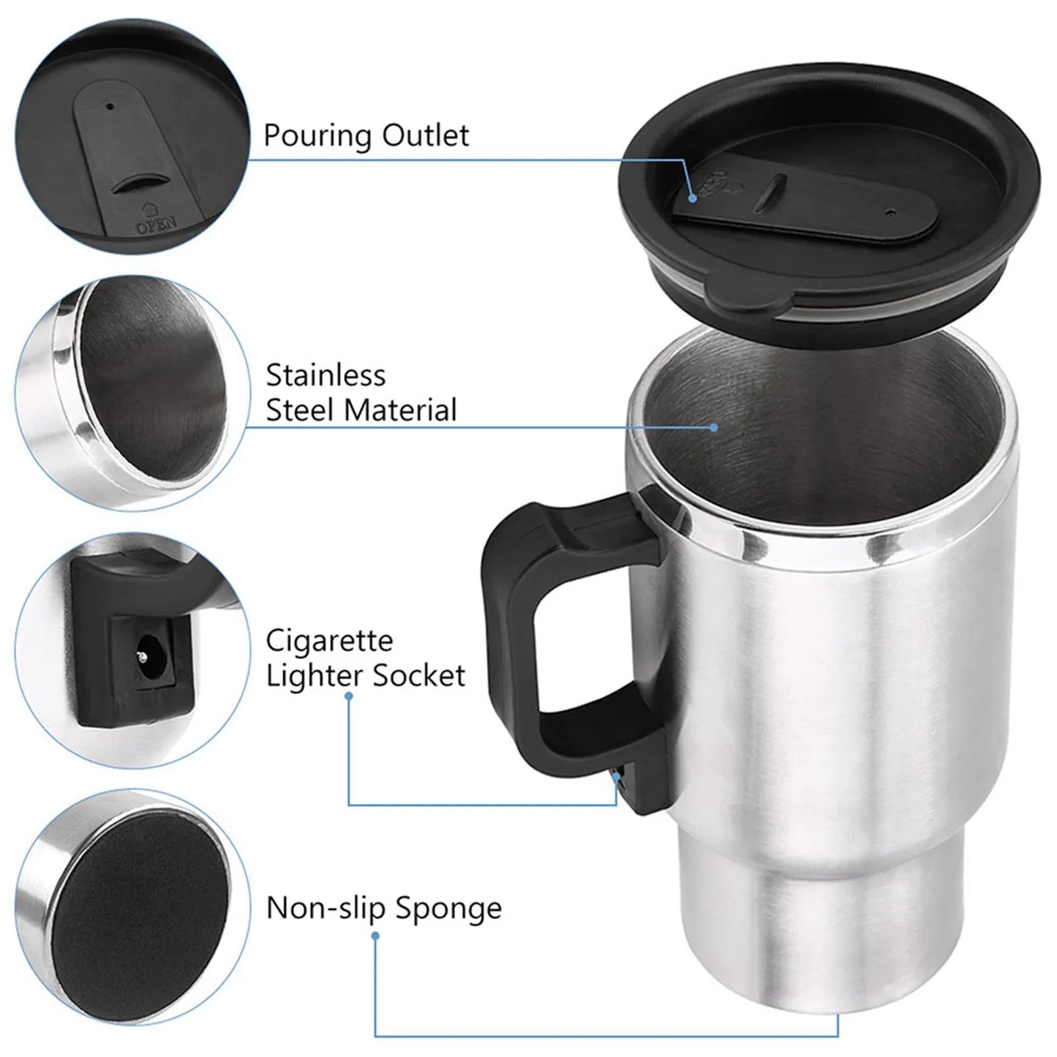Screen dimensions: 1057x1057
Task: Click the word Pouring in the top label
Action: pos(317,137)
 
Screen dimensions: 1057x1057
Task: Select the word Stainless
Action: pos(326,375)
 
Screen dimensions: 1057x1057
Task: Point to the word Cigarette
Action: pos(329,642)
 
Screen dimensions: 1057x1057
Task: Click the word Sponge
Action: pos(448,909)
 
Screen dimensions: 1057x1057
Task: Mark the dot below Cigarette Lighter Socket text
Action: pos(349,696)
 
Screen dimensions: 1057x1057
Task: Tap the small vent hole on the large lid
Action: pos(889,212)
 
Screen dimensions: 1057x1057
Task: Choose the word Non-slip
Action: pos(322,909)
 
